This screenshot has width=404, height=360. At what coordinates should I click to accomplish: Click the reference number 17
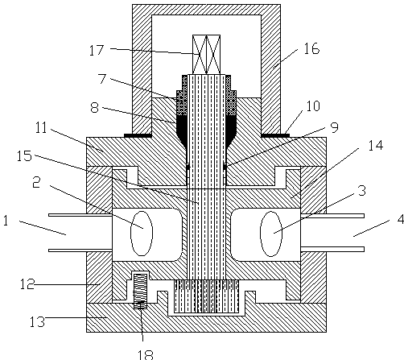[97, 50]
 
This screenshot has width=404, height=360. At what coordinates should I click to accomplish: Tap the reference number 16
[311, 48]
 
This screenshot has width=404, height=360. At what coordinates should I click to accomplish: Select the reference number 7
[102, 78]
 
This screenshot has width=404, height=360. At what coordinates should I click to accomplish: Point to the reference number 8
[95, 108]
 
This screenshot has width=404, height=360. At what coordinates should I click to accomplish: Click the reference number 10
[313, 106]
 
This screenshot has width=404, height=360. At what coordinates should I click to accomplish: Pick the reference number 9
[334, 127]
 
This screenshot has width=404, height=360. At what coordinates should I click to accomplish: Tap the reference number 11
[42, 128]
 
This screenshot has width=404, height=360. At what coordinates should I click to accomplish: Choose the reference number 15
[24, 155]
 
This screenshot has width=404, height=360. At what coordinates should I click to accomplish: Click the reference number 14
[376, 145]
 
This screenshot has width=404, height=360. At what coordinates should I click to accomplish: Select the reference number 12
[27, 284]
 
